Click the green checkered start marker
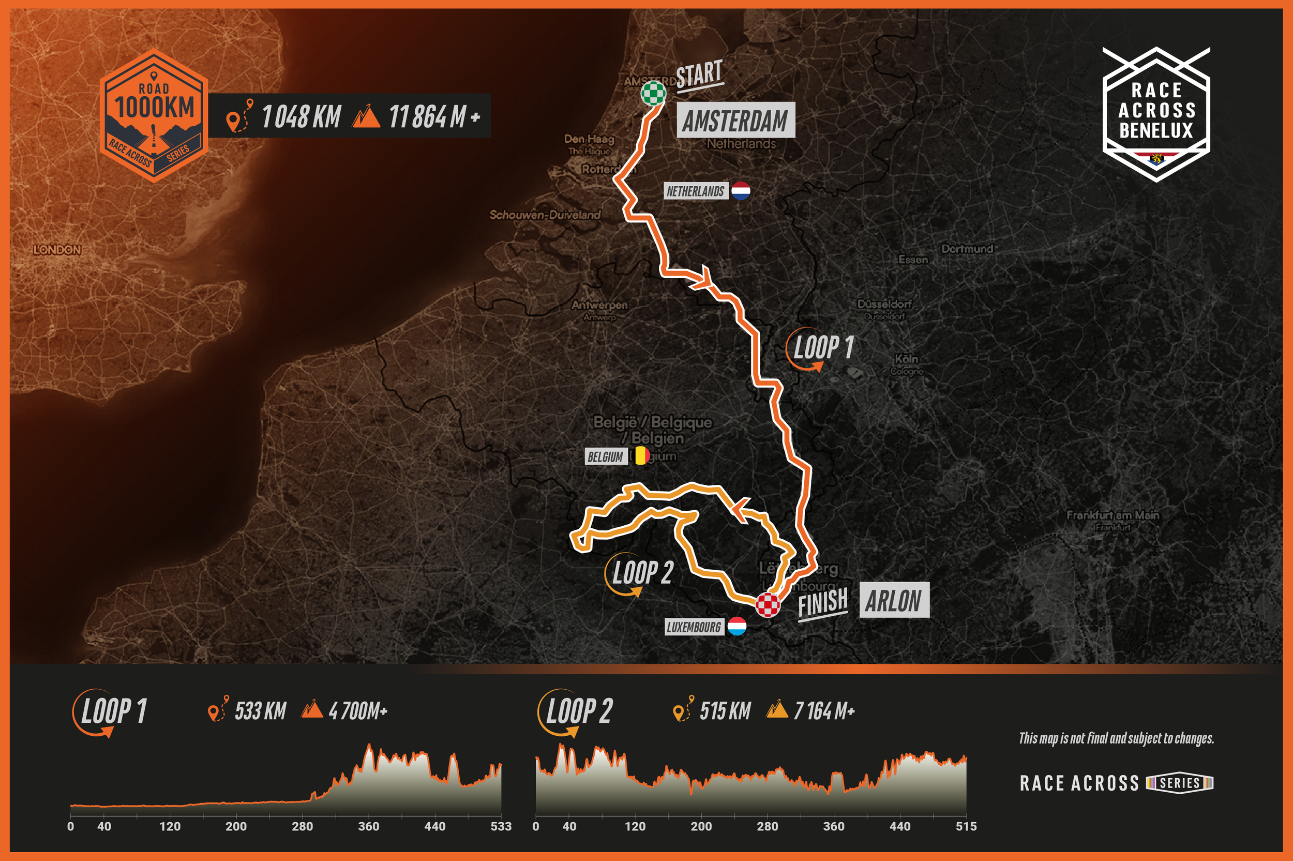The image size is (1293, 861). click(653, 93)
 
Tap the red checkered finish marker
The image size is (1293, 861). click(767, 604)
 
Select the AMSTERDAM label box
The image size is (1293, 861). click(735, 120)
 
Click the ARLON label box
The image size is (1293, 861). click(894, 600)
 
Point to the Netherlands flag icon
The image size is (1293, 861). click(740, 190)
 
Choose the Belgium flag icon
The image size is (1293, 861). click(640, 456)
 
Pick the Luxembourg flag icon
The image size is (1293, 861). click(736, 626)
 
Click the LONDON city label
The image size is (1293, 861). click(57, 250)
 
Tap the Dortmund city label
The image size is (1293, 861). click(967, 249)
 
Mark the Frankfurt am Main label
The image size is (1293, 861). click(1112, 515)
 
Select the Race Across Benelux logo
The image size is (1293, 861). click(1156, 114)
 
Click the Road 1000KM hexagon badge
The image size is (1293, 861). click(154, 115)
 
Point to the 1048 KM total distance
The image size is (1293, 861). click(300, 117)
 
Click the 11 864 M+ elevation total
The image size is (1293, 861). click(433, 117)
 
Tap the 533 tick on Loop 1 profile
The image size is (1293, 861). click(501, 826)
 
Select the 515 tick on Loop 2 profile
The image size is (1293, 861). click(966, 826)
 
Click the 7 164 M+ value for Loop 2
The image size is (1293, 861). click(824, 711)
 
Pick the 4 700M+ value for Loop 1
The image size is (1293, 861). click(358, 711)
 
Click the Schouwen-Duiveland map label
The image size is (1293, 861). click(545, 215)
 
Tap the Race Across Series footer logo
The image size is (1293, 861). click(1116, 783)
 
